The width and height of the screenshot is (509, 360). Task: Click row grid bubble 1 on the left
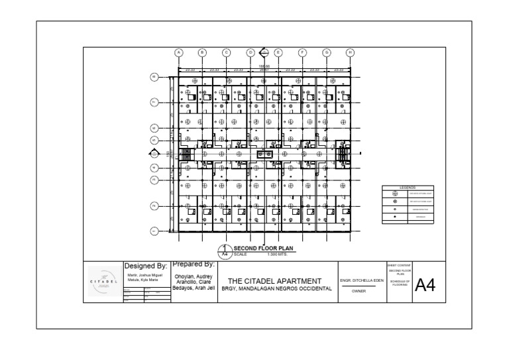(x=153, y=231)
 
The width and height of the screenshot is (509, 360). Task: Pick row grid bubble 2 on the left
(x=153, y=206)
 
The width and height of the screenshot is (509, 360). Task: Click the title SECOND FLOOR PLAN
(x=264, y=249)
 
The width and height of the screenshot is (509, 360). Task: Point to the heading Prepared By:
(x=190, y=264)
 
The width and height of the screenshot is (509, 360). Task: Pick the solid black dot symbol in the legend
(x=395, y=216)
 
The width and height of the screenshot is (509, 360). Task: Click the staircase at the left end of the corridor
(x=186, y=154)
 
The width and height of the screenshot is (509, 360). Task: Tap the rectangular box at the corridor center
(x=264, y=154)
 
